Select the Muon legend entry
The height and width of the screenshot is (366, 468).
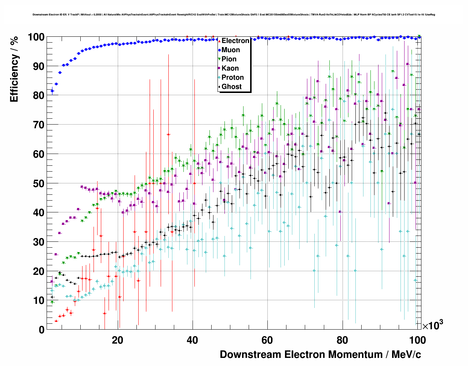pyautogui.click(x=231, y=50)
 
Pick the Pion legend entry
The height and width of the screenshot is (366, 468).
pyautogui.click(x=229, y=59)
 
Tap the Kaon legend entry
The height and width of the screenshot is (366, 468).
pyautogui.click(x=230, y=68)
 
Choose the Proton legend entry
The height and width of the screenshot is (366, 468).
pyautogui.click(x=233, y=78)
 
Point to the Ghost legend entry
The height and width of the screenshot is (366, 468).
pyautogui.click(x=231, y=87)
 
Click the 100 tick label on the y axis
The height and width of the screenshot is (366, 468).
pyautogui.click(x=36, y=37)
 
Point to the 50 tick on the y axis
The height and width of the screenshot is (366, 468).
pyautogui.click(x=39, y=183)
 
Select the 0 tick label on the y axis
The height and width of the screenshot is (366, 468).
pyautogui.click(x=41, y=330)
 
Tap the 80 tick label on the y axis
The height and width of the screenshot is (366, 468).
pyautogui.click(x=39, y=96)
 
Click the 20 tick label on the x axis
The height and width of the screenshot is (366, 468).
pyautogui.click(x=117, y=340)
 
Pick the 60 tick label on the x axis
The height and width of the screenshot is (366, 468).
pyautogui.click(x=267, y=340)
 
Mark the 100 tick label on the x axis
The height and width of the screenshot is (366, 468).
pyautogui.click(x=417, y=340)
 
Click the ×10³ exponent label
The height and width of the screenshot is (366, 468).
pyautogui.click(x=432, y=325)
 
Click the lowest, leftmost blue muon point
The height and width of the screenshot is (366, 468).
pyautogui.click(x=52, y=91)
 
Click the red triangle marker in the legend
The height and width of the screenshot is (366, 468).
pyautogui.click(x=219, y=41)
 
